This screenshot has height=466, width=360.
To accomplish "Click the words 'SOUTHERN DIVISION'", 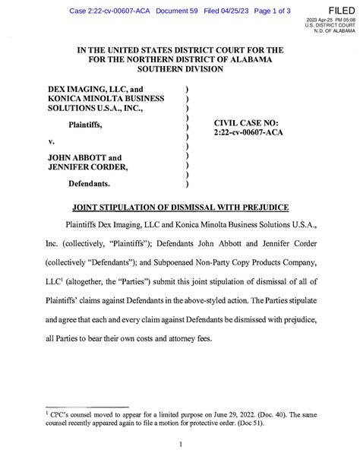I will pyautogui.click(x=180, y=70).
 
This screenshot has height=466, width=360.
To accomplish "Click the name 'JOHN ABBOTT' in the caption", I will pyautogui.click(x=74, y=157).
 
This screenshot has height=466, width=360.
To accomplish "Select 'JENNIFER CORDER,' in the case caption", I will pyautogui.click(x=88, y=168).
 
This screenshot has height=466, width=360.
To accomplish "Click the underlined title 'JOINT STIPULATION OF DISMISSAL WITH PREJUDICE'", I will pyautogui.click(x=179, y=207).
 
